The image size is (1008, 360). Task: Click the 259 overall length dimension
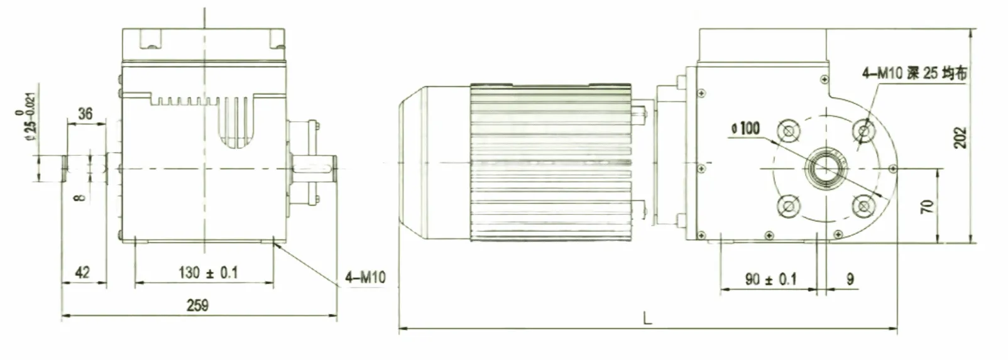197,305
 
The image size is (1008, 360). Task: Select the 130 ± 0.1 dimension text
208,273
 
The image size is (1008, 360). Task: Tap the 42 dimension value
82,273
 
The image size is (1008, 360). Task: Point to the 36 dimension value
85,114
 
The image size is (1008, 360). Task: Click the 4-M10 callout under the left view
365,277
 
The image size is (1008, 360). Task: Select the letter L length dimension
648,319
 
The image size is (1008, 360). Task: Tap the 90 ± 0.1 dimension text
770,279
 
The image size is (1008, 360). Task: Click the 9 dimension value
850,279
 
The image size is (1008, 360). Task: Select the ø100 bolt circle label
746,129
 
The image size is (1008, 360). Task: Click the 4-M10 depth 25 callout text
914,73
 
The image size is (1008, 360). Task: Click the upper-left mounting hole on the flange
787,131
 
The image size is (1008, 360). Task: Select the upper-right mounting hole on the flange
865,131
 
